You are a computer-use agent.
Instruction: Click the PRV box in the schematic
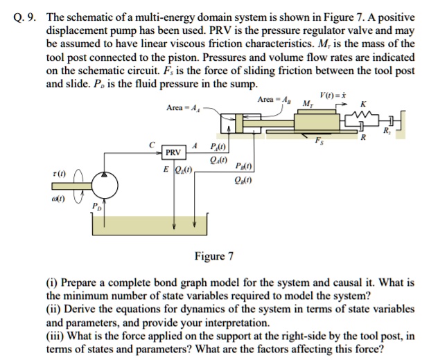[x=174, y=152]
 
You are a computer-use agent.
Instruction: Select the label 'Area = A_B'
[x=274, y=100]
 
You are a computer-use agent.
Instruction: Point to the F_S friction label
[x=319, y=141]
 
